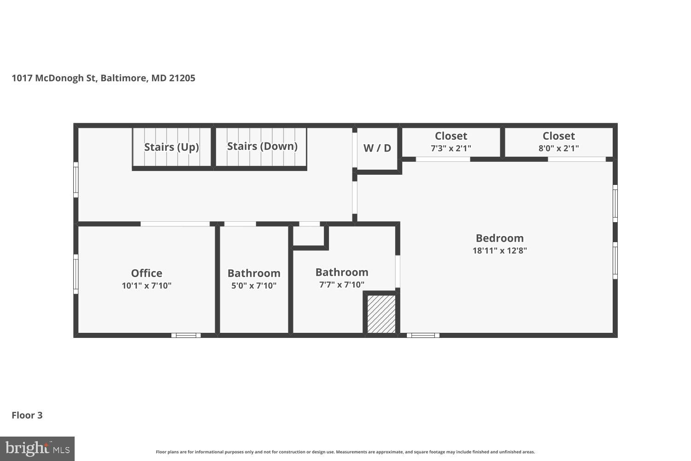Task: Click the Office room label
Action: [x=146, y=273]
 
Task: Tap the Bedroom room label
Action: [x=499, y=238]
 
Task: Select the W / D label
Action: [x=377, y=148]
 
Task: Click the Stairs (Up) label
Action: [x=171, y=147]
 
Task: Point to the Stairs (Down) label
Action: [x=262, y=146]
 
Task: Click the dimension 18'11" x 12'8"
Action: [x=499, y=251]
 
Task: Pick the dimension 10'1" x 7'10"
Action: [x=146, y=286]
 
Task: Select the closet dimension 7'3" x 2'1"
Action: [x=451, y=148]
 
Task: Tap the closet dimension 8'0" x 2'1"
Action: [x=558, y=148]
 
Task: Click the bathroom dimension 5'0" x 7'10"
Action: [x=254, y=286]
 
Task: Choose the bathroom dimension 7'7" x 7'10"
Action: [x=342, y=285]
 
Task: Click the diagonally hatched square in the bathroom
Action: [x=381, y=314]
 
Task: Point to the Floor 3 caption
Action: [x=27, y=415]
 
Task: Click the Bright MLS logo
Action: [x=37, y=449]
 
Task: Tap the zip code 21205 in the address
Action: [x=182, y=78]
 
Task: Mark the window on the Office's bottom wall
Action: [x=186, y=335]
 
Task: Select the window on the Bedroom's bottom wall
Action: [x=423, y=335]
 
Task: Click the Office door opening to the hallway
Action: [x=175, y=224]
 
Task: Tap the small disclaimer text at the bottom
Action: [x=345, y=452]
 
